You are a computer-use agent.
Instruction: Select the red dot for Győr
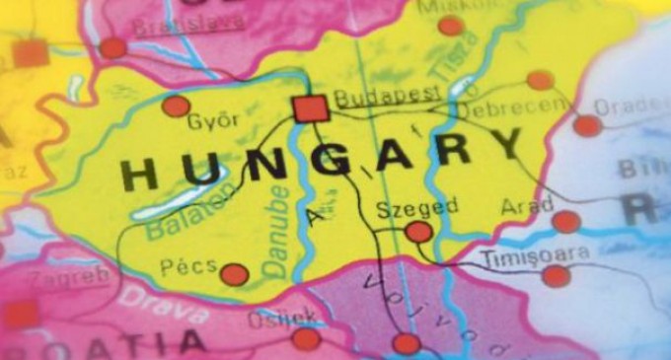(176, 106)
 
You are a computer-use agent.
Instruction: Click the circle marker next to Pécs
(234, 274)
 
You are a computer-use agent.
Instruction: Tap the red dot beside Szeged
(418, 232)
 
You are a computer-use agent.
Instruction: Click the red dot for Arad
(565, 222)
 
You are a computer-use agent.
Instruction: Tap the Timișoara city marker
(556, 276)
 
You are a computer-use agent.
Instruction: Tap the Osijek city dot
(307, 338)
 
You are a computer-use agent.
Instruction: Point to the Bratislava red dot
(112, 47)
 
